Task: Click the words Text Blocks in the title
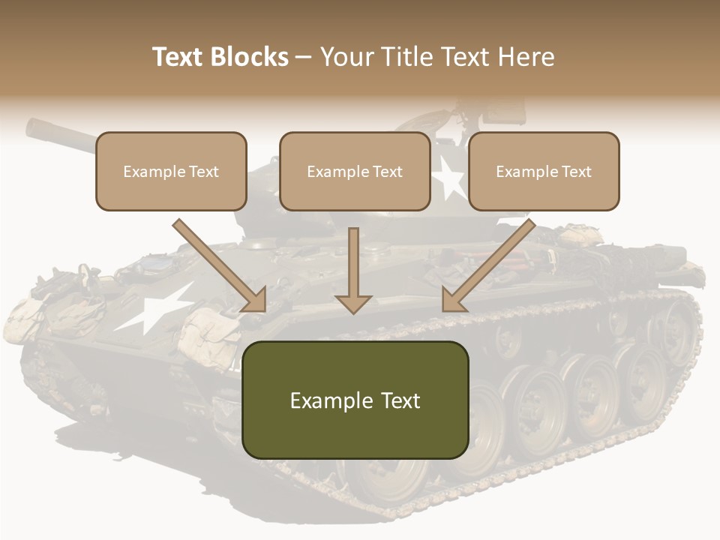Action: click(220, 57)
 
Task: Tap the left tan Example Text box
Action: click(171, 171)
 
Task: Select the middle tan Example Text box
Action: click(355, 171)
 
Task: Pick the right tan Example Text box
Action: click(544, 171)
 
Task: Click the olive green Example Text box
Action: click(355, 400)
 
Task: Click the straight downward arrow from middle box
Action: click(353, 270)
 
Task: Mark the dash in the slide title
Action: click(304, 57)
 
